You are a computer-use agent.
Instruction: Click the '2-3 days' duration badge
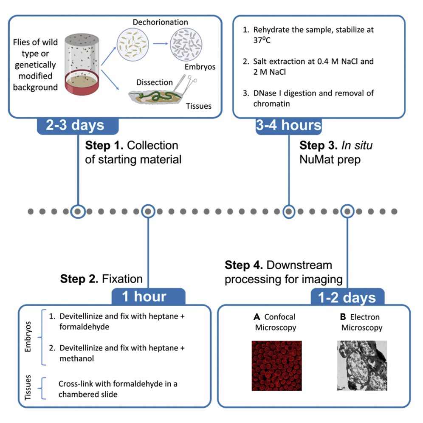point(77,126)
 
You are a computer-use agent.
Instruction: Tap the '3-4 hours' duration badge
point(289,126)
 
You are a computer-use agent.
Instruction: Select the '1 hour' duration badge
point(148,296)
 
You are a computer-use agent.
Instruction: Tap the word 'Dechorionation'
point(160,22)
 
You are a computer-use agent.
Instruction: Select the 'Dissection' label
point(155,82)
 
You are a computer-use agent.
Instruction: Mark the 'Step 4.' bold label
point(243,265)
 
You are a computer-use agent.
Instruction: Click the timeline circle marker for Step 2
point(148,211)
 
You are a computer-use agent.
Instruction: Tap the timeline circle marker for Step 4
point(348,211)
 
